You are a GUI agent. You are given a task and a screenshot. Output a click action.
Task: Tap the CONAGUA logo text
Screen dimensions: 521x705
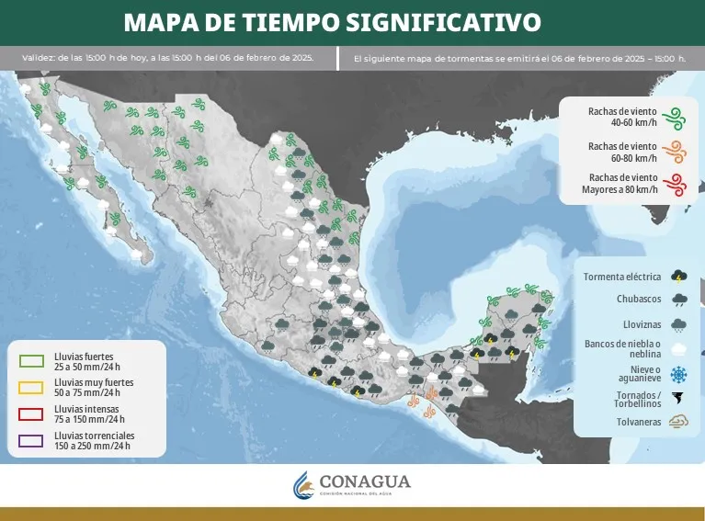point(365,482)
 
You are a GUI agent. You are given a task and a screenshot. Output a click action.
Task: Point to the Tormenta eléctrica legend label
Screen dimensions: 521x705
point(621,276)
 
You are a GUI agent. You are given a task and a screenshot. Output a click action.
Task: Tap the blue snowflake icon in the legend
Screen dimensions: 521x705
point(679,374)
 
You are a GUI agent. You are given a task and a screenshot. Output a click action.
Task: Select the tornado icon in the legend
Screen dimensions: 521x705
point(679,399)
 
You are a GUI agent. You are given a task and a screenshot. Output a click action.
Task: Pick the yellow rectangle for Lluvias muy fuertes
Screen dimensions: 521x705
point(30,387)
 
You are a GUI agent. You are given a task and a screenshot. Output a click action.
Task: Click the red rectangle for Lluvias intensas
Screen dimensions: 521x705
point(30,413)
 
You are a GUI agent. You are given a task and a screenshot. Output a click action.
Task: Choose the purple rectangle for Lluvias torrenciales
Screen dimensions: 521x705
point(30,440)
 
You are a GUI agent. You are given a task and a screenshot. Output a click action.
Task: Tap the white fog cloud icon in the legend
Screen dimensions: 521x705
point(679,349)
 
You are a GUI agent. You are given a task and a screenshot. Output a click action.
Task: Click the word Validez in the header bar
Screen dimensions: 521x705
point(38,58)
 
